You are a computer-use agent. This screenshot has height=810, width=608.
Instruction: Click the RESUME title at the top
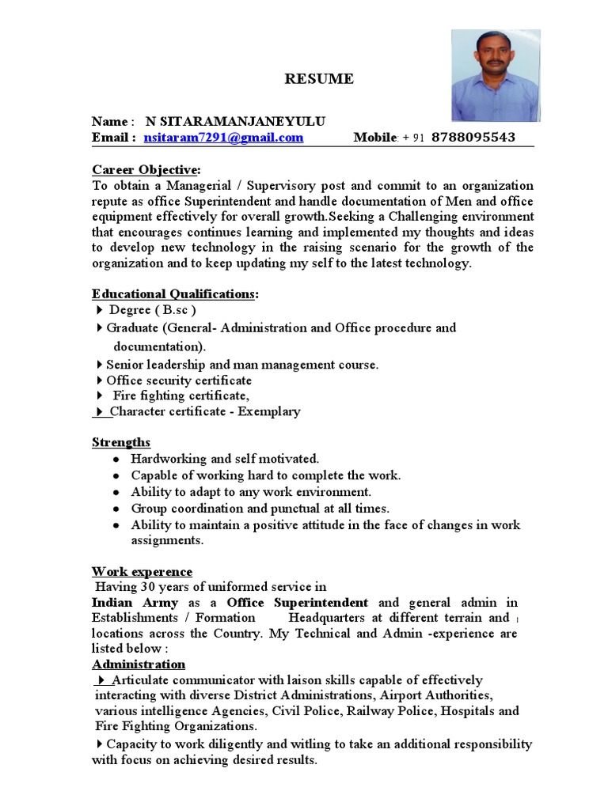coord(319,79)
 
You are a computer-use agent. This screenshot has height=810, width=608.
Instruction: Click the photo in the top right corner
coord(496,76)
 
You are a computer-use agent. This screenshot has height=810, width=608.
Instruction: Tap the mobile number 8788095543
coord(473,138)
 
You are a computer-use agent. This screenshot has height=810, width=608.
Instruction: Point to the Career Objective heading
coord(146,170)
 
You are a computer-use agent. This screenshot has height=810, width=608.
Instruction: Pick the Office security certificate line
coord(179,380)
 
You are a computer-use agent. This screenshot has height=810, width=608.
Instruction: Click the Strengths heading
coord(121,442)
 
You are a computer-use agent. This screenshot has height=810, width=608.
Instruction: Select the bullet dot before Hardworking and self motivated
coord(116,460)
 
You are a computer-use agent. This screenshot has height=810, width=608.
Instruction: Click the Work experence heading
coord(142,571)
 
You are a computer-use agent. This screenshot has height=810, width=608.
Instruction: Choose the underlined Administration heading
coord(139,664)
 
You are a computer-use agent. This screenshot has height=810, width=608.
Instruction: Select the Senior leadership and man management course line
coord(242,365)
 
